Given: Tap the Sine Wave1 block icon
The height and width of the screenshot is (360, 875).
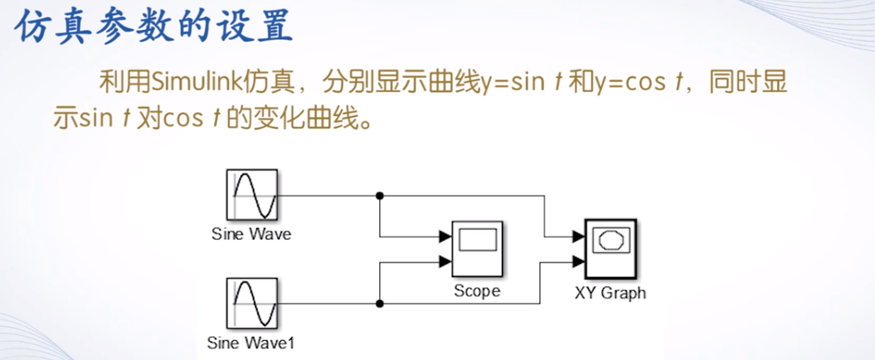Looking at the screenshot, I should coord(252,304).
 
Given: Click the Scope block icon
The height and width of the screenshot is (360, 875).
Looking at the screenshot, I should coord(477,250).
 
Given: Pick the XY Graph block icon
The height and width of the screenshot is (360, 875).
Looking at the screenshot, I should coord(610,250).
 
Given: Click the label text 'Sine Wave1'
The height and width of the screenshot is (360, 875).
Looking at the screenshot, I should coord(250,342).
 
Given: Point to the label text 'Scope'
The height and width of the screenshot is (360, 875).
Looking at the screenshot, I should coord(477,291).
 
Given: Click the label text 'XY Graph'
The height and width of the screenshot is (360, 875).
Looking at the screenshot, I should coord(610,292).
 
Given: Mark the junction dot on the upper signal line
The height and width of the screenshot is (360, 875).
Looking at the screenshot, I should coord(380,196).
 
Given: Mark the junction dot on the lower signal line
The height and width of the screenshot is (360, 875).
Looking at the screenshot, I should coord(380,304).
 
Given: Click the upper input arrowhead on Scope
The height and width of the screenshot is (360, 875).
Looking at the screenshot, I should coord(445,236).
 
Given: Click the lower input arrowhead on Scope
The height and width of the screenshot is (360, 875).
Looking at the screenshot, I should coord(445,263).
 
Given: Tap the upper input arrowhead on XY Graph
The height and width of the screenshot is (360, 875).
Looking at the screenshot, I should coord(578,236).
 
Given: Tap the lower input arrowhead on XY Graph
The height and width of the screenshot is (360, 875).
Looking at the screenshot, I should coord(578,263).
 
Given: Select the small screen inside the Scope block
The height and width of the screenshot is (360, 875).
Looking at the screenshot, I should coord(477,241).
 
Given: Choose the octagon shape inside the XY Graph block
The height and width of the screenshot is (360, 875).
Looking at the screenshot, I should coord(610,241).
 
